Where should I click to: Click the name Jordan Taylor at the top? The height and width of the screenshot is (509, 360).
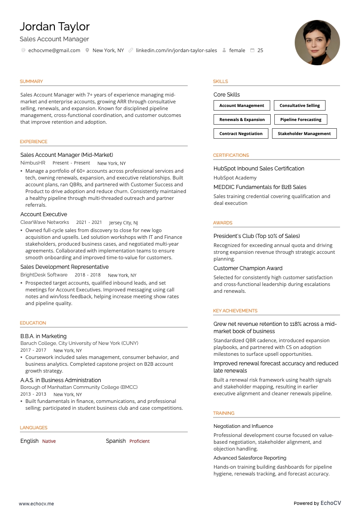[x=54, y=27]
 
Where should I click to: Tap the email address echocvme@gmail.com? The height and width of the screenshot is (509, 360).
[x=54, y=50]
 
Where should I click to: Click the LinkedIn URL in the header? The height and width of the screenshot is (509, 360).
[x=176, y=50]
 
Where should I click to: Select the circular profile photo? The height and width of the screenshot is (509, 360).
[x=317, y=43]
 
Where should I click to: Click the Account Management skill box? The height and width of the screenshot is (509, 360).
[x=242, y=106]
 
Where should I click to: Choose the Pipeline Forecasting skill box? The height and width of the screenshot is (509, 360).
[x=301, y=120]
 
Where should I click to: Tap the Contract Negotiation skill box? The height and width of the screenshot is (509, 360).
[x=241, y=134]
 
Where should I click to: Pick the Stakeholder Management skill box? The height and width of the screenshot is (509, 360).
[x=304, y=134]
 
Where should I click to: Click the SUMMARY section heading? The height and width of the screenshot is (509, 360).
[x=31, y=82]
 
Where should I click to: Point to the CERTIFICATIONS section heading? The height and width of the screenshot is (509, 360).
[x=231, y=155]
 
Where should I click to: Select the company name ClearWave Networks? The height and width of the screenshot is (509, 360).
[x=44, y=223]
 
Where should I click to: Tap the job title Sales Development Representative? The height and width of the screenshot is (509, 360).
[x=64, y=267]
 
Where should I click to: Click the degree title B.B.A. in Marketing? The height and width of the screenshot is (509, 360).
[x=43, y=336]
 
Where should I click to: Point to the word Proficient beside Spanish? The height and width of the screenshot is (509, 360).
[x=139, y=441]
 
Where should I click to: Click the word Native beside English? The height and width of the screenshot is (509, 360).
[x=49, y=441]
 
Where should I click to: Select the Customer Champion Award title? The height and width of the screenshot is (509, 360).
[x=248, y=268]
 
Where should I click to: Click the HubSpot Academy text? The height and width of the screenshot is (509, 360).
[x=235, y=178]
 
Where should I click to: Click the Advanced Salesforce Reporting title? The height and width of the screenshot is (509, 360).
[x=250, y=458]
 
